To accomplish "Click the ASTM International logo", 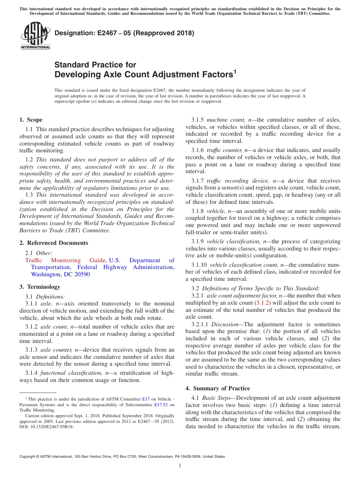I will [x=35, y=36].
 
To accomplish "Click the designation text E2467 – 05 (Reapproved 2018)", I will [x=124, y=33].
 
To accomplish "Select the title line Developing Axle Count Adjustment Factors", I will [x=143, y=75].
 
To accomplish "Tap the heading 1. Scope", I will [x=31, y=120].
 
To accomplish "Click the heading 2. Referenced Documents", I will [x=53, y=243].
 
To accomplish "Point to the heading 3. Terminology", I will [x=40, y=286].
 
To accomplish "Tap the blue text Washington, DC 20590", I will [x=60, y=274].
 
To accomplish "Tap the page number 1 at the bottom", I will [x=180, y=465].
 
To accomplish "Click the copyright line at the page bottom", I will [x=122, y=457].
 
